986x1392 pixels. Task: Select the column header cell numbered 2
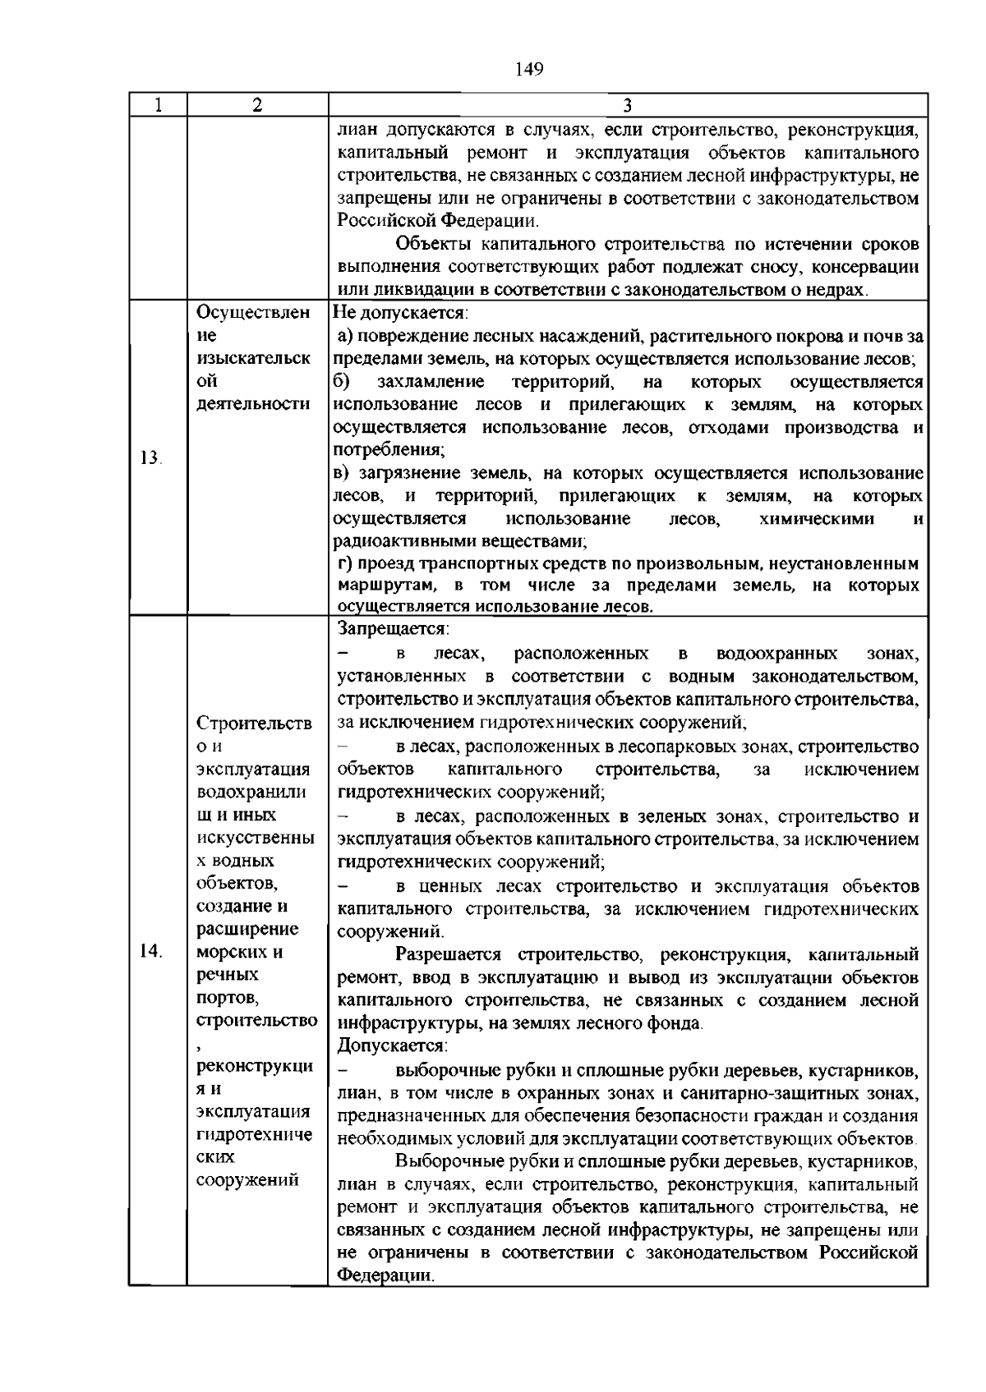coord(257,105)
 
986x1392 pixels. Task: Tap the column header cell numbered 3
coord(627,105)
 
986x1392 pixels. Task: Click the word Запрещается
coord(392,629)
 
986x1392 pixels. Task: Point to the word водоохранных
coord(776,654)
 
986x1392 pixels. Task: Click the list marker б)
coord(342,382)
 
